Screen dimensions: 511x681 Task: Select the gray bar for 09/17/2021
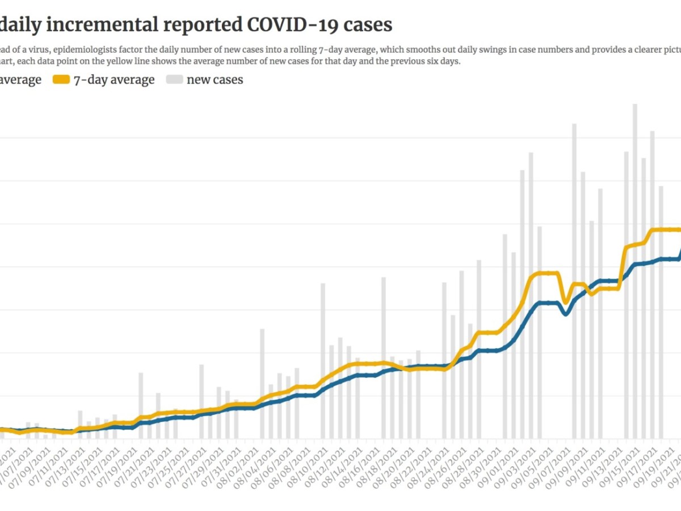(x=653, y=284)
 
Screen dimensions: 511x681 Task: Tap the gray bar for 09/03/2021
(x=531, y=295)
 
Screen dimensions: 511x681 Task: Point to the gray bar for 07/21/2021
(x=141, y=405)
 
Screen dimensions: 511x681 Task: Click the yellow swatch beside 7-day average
(x=61, y=80)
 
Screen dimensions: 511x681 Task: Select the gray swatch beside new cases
(x=176, y=80)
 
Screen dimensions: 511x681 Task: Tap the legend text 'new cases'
(x=215, y=80)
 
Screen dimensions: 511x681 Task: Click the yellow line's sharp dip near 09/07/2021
(x=565, y=302)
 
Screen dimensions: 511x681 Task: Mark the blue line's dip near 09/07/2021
(x=566, y=313)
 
